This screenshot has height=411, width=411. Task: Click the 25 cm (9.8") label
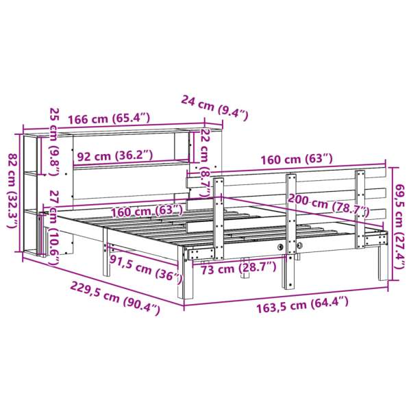click(53, 141)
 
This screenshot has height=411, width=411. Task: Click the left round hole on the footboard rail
click(281, 246)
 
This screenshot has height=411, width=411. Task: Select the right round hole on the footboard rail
click(300, 245)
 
